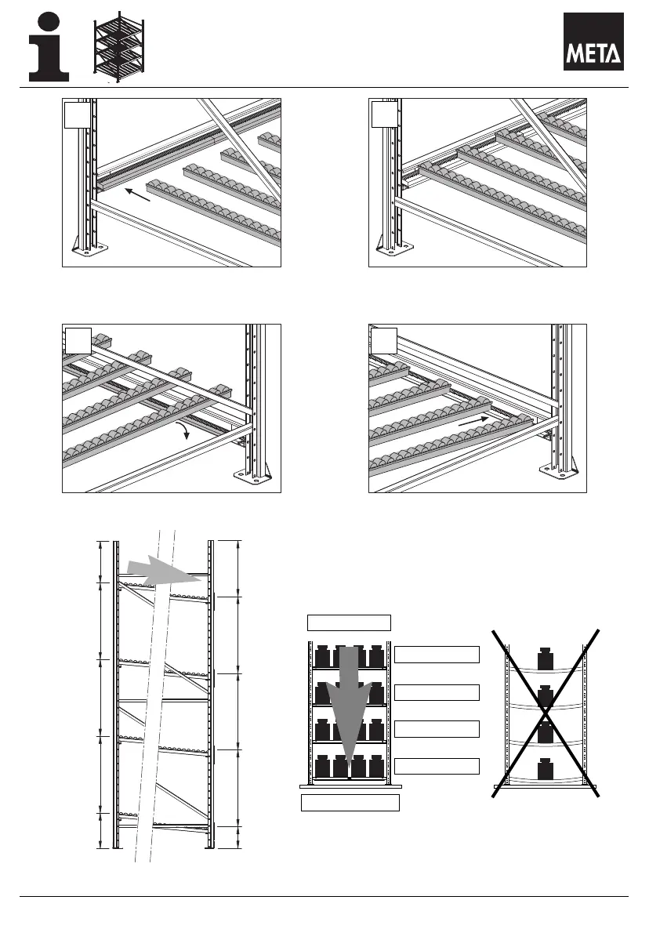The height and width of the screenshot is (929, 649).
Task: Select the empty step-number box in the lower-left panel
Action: [x=75, y=340]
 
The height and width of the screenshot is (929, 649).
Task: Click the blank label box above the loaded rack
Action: [x=348, y=622]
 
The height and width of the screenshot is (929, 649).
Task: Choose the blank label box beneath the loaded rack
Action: [x=350, y=802]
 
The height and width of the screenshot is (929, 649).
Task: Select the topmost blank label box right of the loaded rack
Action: [x=437, y=655]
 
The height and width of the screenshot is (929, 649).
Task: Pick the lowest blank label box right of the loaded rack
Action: [x=437, y=766]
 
